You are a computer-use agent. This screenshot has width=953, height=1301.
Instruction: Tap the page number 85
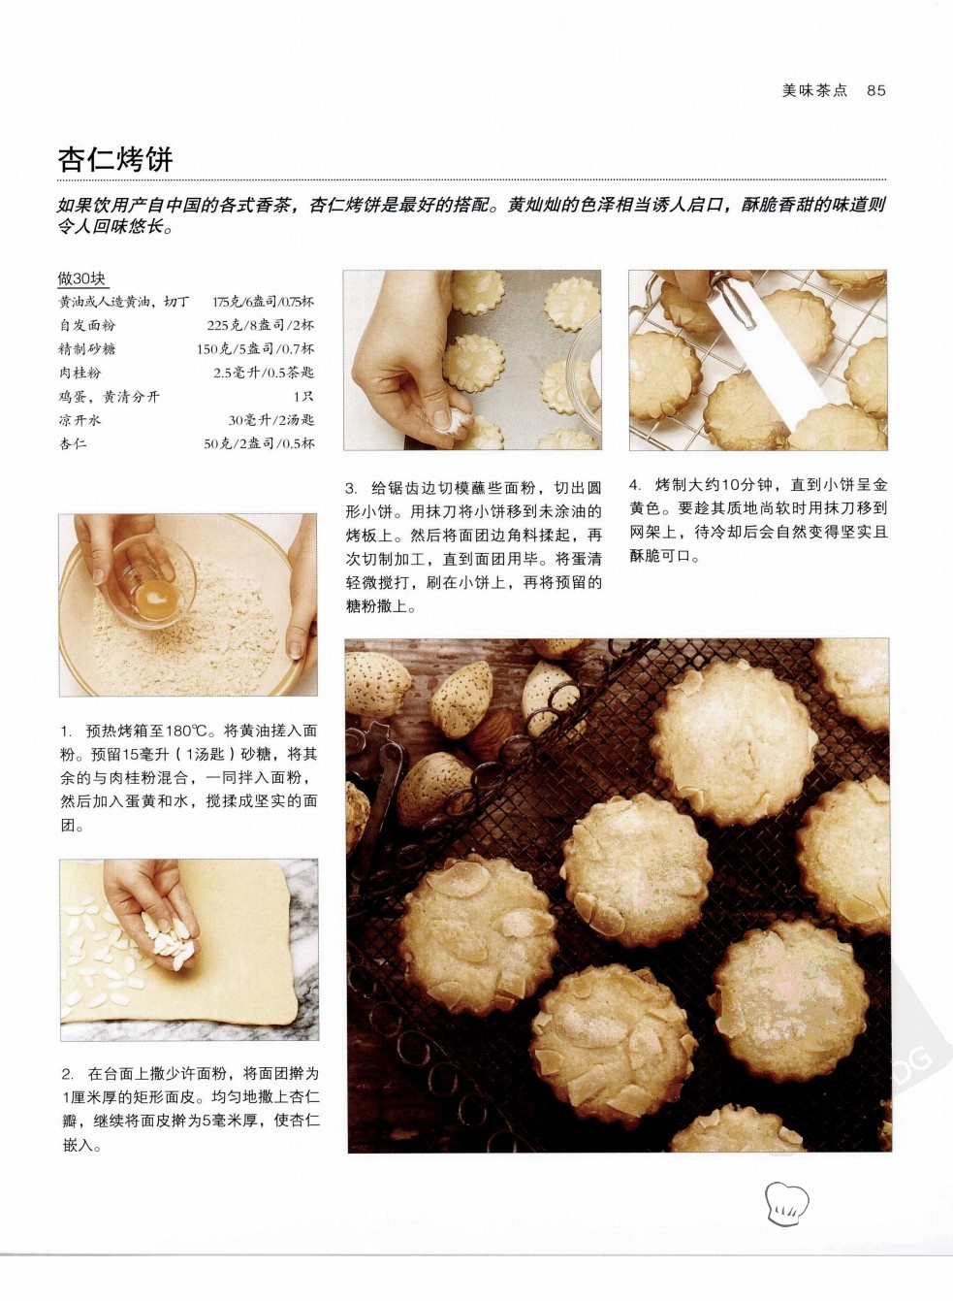pyautogui.click(x=876, y=90)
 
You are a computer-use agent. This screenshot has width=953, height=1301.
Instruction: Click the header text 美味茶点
pyautogui.click(x=815, y=90)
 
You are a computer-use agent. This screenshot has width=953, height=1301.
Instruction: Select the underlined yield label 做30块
pyautogui.click(x=81, y=278)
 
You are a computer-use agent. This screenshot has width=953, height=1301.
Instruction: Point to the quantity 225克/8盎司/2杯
pyautogui.click(x=260, y=325)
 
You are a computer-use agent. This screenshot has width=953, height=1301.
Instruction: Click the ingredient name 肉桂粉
pyautogui.click(x=79, y=373)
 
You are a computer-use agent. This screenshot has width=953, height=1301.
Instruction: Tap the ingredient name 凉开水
pyautogui.click(x=79, y=420)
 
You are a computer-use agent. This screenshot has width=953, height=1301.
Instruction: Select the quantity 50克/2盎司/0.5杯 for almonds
pyautogui.click(x=259, y=443)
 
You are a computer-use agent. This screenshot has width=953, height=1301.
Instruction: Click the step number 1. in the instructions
pyautogui.click(x=67, y=731)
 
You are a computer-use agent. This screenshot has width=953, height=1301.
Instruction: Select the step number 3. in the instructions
pyautogui.click(x=352, y=488)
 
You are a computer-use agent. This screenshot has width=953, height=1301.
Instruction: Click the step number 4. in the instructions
pyautogui.click(x=636, y=484)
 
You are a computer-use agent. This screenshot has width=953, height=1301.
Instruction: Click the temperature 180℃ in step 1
pyautogui.click(x=183, y=731)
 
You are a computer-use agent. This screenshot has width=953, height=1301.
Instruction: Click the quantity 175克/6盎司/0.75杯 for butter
pyautogui.click(x=263, y=302)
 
